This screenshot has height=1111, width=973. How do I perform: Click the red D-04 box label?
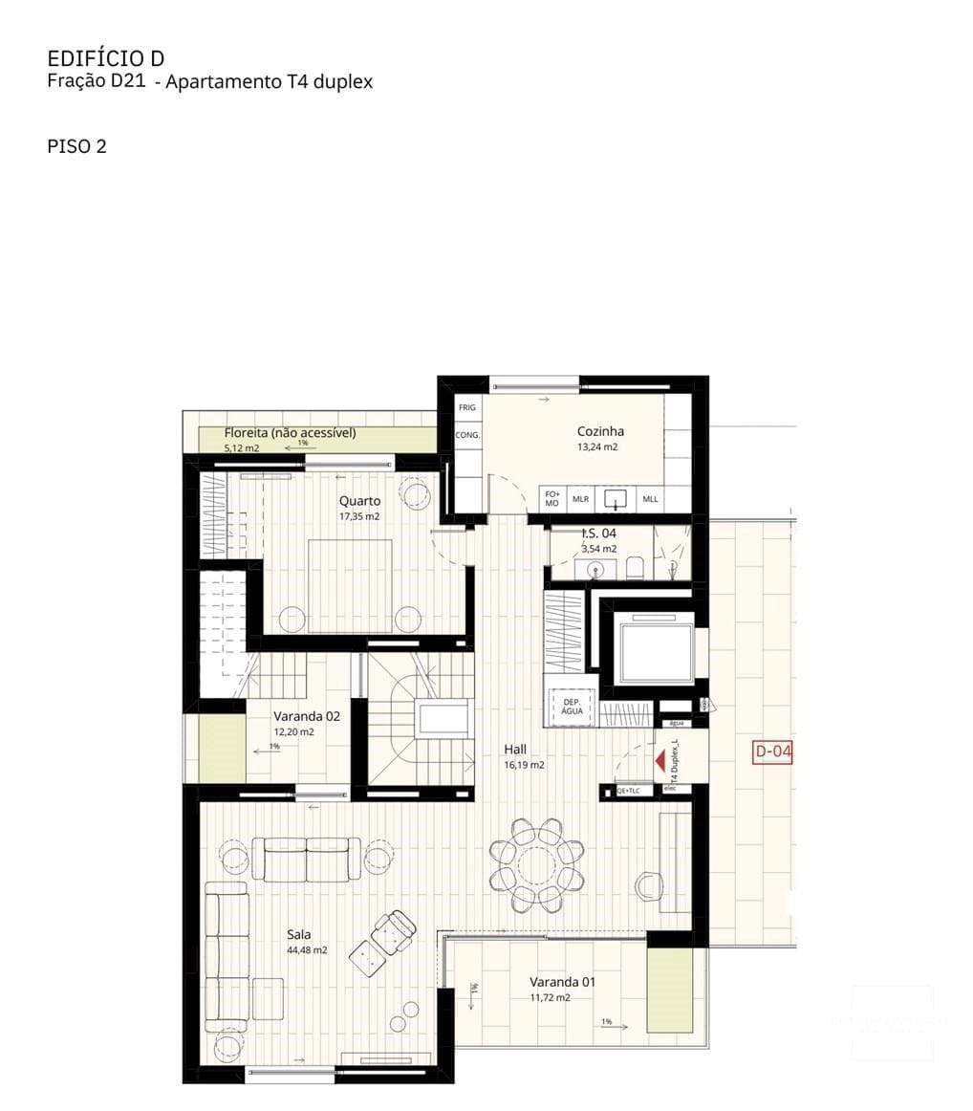(x=773, y=752)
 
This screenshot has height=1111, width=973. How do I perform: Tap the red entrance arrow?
(x=659, y=761)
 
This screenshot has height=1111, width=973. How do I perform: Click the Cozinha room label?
(x=600, y=431)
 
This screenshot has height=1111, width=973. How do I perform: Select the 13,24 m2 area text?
(x=597, y=447)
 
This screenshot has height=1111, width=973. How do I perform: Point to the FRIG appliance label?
(x=466, y=407)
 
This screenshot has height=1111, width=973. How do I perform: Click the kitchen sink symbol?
(x=616, y=498)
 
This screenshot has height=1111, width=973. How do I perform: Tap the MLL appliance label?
(x=650, y=499)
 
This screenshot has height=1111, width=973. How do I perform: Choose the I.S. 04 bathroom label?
(x=599, y=534)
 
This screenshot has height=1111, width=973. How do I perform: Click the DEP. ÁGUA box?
(x=572, y=706)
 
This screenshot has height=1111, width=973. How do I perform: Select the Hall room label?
(x=515, y=750)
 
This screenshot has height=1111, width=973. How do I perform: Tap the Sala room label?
(x=298, y=934)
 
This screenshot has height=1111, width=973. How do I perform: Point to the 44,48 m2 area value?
(x=307, y=950)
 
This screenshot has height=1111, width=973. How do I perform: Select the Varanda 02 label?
(x=306, y=715)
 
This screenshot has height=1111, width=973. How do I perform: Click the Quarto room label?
(x=359, y=501)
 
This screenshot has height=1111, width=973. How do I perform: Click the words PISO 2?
(x=76, y=146)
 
